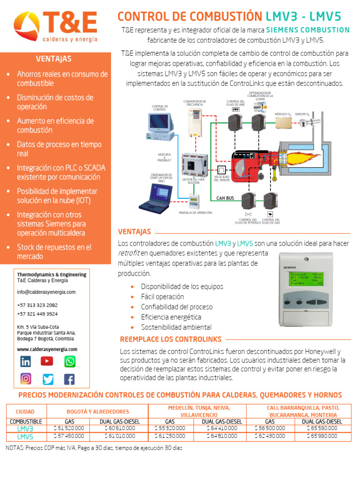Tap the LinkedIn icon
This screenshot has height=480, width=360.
pyautogui.click(x=25, y=361)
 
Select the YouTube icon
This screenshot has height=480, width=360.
pyautogui.click(x=47, y=361)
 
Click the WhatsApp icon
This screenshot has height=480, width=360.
pyautogui.click(x=69, y=361)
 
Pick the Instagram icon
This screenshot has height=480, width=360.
pyautogui.click(x=25, y=379)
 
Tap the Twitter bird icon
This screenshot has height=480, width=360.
pyautogui.click(x=48, y=379)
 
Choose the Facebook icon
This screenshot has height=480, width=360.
pyautogui.click(x=69, y=379)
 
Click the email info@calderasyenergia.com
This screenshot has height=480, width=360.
pyautogui.click(x=46, y=292)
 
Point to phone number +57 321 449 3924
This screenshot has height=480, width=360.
pyautogui.click(x=37, y=314)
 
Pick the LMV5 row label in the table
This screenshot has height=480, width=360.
pyautogui.click(x=25, y=436)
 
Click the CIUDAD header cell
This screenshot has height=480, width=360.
pyautogui.click(x=25, y=411)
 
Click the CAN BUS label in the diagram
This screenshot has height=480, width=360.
pyautogui.click(x=225, y=198)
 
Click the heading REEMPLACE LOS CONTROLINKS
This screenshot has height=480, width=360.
pyautogui.click(x=171, y=339)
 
